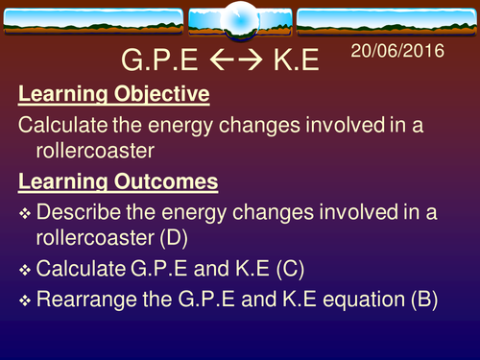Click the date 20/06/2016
pyautogui.click(x=404, y=50)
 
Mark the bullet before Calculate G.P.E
pyautogui.click(x=26, y=266)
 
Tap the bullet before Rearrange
pyautogui.click(x=26, y=300)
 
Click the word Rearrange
pyautogui.click(x=83, y=299)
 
